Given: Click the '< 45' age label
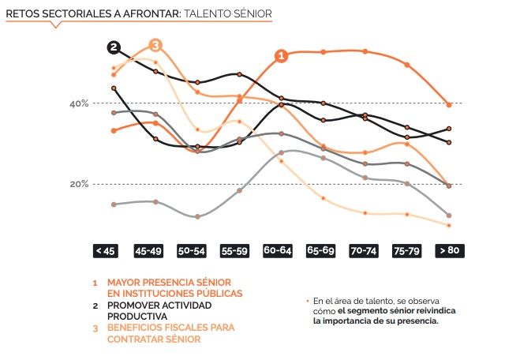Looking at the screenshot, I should tap(105, 251).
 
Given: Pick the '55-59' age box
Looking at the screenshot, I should tap(234, 251).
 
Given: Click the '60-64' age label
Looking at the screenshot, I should tap(277, 251).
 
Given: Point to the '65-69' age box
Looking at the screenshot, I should tap(320, 251).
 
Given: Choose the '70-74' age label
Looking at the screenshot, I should tap(363, 251).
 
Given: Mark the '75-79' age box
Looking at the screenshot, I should tap(406, 251).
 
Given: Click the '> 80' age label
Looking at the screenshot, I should tap(448, 251).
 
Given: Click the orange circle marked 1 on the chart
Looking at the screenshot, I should tap(281, 55).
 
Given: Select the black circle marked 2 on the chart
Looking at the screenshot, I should tap(114, 47).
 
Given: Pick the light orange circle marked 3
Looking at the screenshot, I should tap(155, 44).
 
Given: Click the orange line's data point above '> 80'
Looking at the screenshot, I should tap(449, 104).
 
